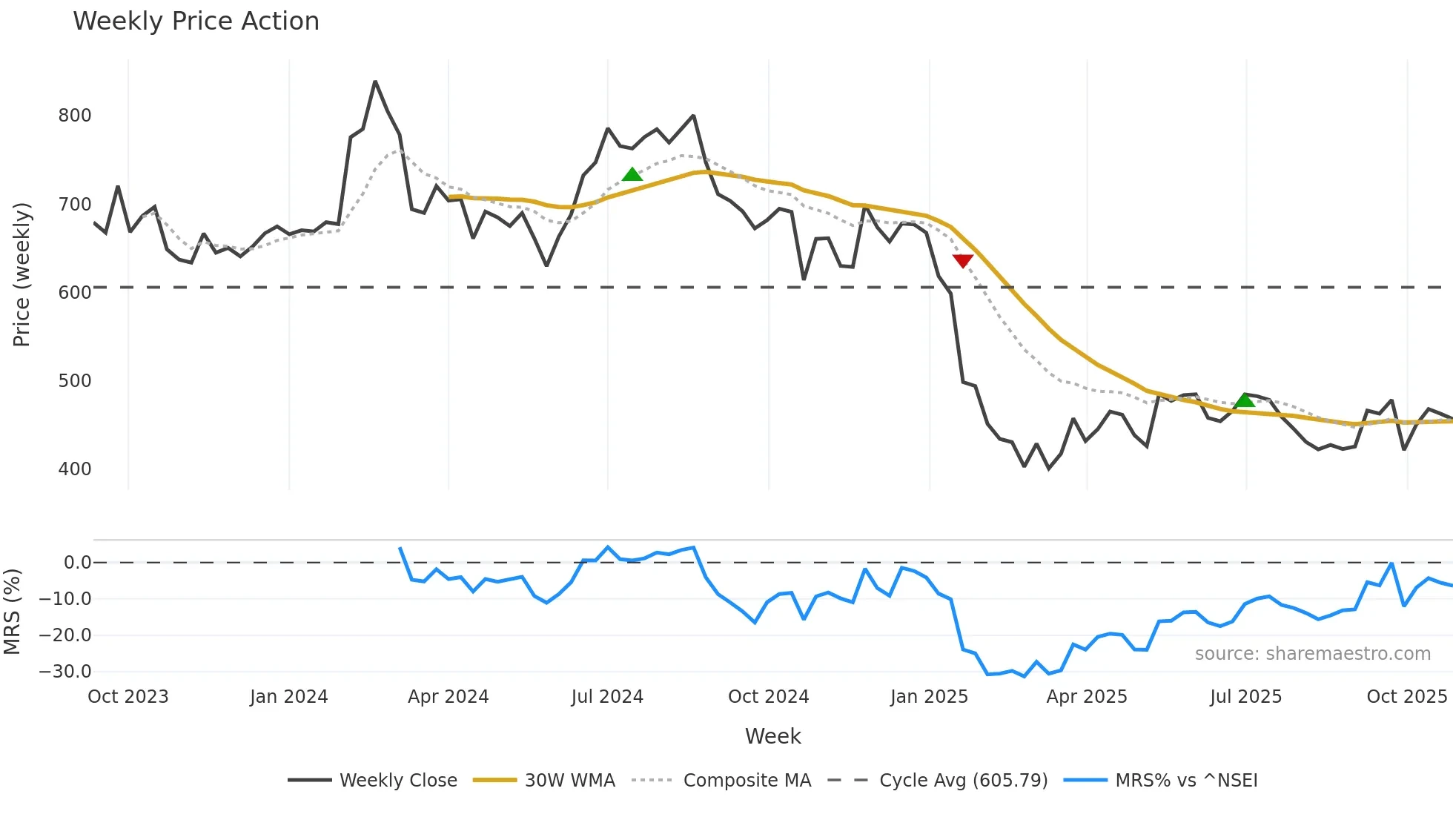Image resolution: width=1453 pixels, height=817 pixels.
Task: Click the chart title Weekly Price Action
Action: pos(196,21)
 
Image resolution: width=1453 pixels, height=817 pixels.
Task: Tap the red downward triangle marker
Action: pos(962,260)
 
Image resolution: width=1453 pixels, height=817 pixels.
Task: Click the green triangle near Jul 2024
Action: pos(632,175)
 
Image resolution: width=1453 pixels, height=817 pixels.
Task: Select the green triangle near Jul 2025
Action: pos(1245,401)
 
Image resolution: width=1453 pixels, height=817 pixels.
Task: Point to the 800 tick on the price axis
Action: pos(75,116)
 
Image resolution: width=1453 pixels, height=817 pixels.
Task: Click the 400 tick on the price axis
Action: pos(75,469)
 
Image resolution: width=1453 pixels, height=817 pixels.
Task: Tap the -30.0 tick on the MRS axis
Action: pos(65,672)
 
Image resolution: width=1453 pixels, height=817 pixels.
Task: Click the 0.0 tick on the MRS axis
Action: pos(77,563)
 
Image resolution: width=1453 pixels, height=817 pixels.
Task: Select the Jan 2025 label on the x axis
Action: pos(929,697)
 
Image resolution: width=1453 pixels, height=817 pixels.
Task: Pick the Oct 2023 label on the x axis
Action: pos(128,697)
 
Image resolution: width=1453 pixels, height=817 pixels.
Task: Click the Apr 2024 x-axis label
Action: pos(448,697)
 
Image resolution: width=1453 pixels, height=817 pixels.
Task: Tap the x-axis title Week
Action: pos(772,736)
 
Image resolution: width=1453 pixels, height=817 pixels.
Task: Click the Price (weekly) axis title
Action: pos(21,274)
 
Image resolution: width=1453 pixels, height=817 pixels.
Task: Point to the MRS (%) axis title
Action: pos(12,612)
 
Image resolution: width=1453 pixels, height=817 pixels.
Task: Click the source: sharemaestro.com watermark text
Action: pos(1312,654)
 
